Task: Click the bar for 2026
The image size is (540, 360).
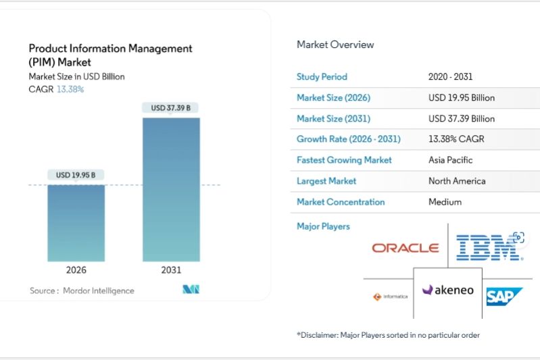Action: click(76, 222)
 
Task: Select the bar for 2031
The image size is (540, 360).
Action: click(171, 189)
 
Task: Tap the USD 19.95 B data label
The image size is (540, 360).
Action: click(76, 175)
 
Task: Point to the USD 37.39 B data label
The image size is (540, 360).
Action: click(171, 107)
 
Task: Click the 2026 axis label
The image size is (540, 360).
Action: click(76, 269)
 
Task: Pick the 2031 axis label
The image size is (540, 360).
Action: click(171, 269)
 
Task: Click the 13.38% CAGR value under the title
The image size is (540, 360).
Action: click(70, 89)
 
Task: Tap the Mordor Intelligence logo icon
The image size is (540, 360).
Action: click(191, 290)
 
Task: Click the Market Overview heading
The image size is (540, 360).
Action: click(335, 45)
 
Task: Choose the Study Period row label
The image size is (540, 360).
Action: click(322, 77)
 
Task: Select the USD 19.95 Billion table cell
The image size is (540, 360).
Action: click(462, 98)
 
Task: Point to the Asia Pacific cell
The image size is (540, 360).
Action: click(450, 160)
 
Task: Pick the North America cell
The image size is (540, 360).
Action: click(457, 181)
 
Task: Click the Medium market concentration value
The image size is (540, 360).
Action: click(445, 202)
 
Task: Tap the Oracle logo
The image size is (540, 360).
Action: click(405, 248)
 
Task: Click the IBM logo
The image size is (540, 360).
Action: click(489, 248)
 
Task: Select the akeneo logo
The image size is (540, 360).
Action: click(448, 290)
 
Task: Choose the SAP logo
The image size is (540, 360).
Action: click(504, 296)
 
